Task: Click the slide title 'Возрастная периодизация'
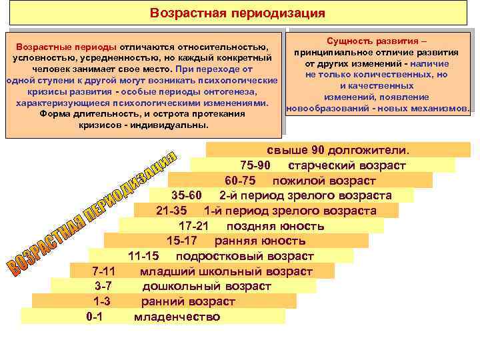point(237,13)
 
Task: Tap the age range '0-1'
point(95,317)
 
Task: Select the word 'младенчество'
point(177,317)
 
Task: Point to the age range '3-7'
point(103,286)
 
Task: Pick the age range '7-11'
point(103,271)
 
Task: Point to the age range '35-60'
point(185,195)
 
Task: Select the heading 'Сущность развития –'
point(377,41)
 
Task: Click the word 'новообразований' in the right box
point(321,108)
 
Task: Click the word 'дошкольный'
point(175,286)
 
